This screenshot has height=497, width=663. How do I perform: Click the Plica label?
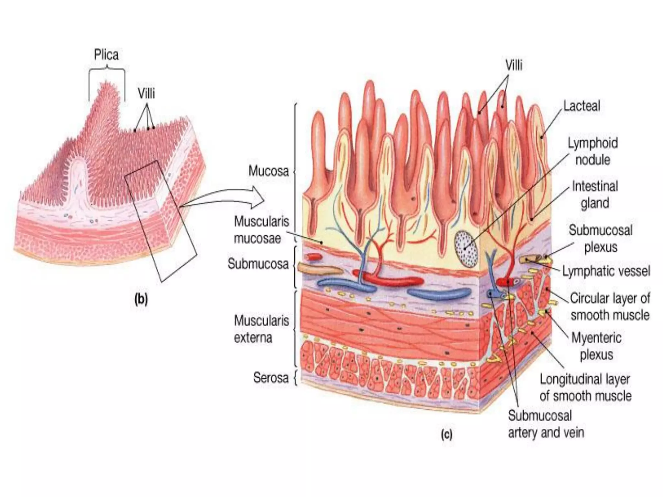pos(106,55)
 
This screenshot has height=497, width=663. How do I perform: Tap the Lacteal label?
pos(581,106)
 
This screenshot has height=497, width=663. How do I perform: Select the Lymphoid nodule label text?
pos(593,151)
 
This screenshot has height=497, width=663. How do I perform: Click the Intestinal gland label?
pos(595,194)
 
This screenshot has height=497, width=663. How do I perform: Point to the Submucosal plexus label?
pos(601,238)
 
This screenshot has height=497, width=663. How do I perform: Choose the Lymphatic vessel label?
pos(606,271)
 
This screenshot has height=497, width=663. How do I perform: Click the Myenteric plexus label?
pos(596,346)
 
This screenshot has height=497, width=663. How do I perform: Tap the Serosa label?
pos(271,378)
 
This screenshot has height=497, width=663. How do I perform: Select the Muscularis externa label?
pos(261,329)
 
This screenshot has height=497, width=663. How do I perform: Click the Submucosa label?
pos(258,264)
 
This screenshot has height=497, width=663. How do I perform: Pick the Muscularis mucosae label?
pos(262,230)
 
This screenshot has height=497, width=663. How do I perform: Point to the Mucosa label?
pos(268,171)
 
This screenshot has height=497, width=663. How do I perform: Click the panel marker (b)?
pos(141,299)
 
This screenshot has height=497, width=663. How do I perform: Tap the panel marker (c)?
pos(446,435)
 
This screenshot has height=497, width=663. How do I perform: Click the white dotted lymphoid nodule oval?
pos(466,249)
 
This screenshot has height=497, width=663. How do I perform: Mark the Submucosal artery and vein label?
pos(546,424)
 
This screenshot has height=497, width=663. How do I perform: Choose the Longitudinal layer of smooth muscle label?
pos(585,388)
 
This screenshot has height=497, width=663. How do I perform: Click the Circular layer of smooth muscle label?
pos(610,306)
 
